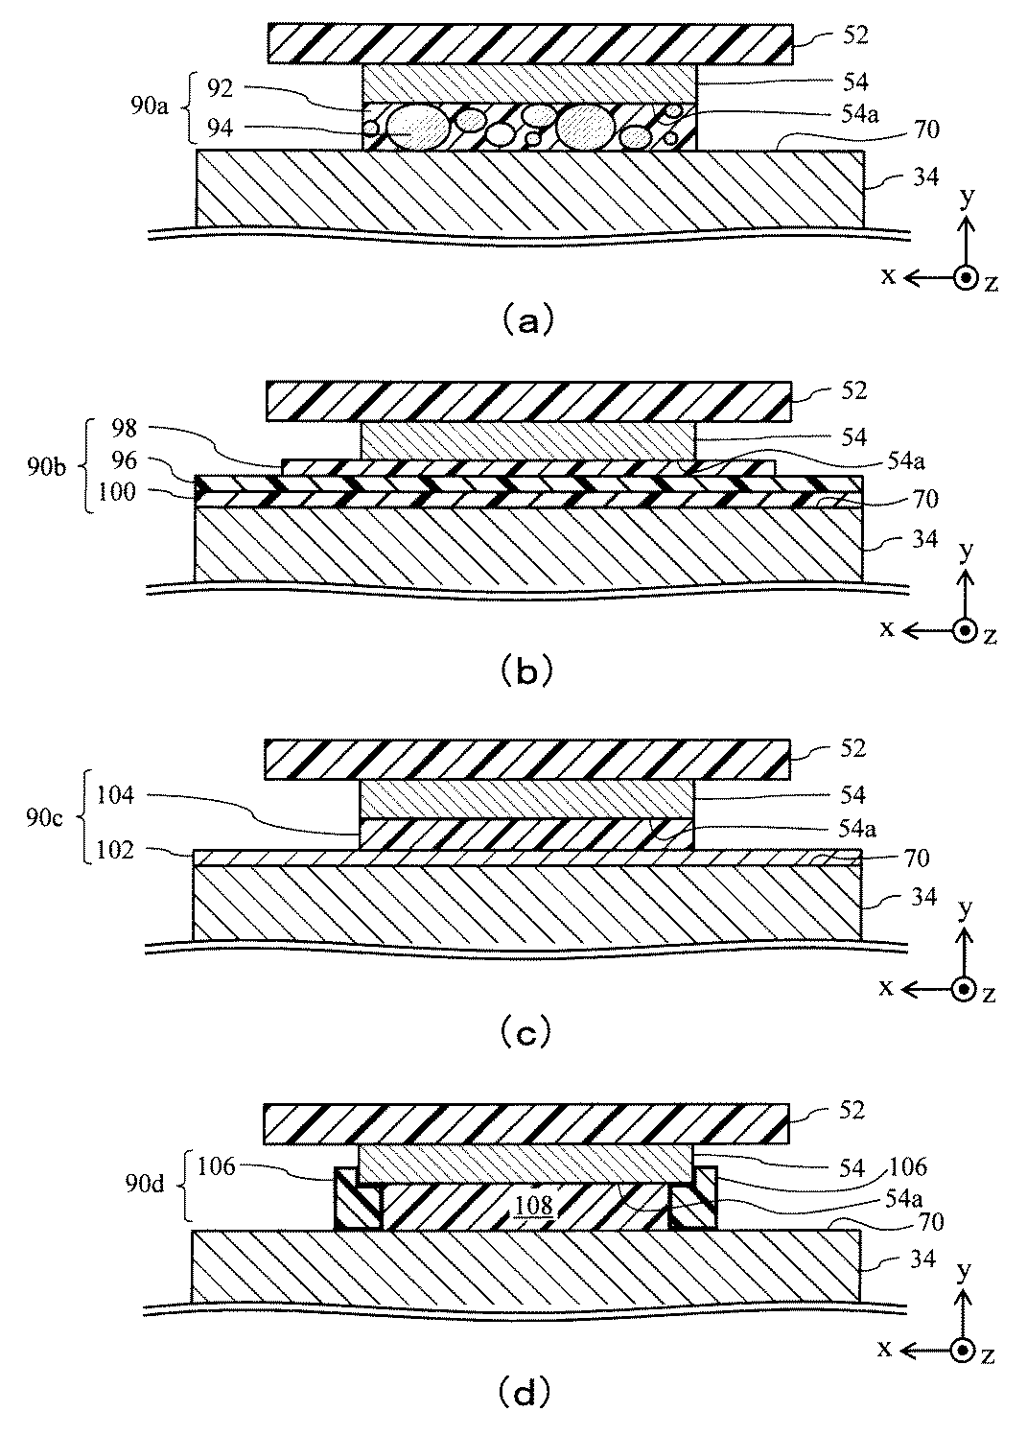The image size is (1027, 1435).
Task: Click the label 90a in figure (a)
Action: point(150,106)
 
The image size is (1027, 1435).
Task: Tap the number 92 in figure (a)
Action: point(220,88)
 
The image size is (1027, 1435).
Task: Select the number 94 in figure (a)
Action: point(220,129)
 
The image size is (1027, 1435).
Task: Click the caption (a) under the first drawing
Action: point(525,319)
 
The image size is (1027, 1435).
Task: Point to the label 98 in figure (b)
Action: point(124,429)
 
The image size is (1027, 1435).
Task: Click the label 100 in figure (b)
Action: point(116,492)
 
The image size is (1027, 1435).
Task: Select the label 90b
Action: point(46,468)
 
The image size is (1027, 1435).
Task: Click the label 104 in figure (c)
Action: point(115,795)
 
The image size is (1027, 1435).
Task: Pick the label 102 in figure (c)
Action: point(115,850)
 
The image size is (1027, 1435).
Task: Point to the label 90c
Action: point(44,818)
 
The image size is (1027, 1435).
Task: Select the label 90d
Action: point(145,1185)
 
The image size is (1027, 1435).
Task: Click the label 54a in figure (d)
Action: point(903,1197)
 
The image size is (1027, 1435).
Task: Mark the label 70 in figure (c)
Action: point(917,859)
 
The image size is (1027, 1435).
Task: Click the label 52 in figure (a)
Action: point(855,35)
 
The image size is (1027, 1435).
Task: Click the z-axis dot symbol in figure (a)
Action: point(966,278)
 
